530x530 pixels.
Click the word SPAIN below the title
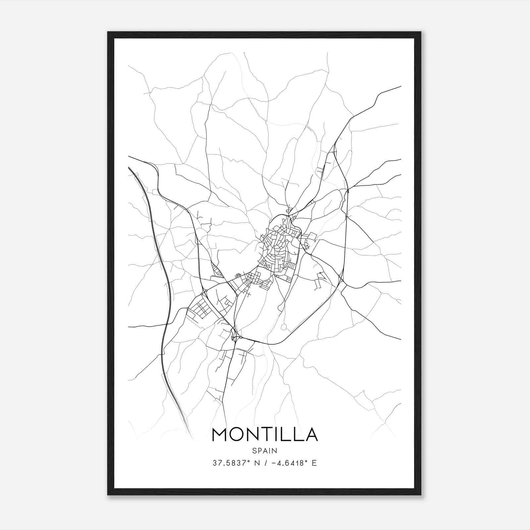(x=265, y=451)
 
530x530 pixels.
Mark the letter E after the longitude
(x=314, y=463)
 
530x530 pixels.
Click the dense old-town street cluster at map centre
(x=278, y=245)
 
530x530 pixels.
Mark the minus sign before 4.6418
(x=273, y=463)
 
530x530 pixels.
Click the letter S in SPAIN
(x=254, y=451)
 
